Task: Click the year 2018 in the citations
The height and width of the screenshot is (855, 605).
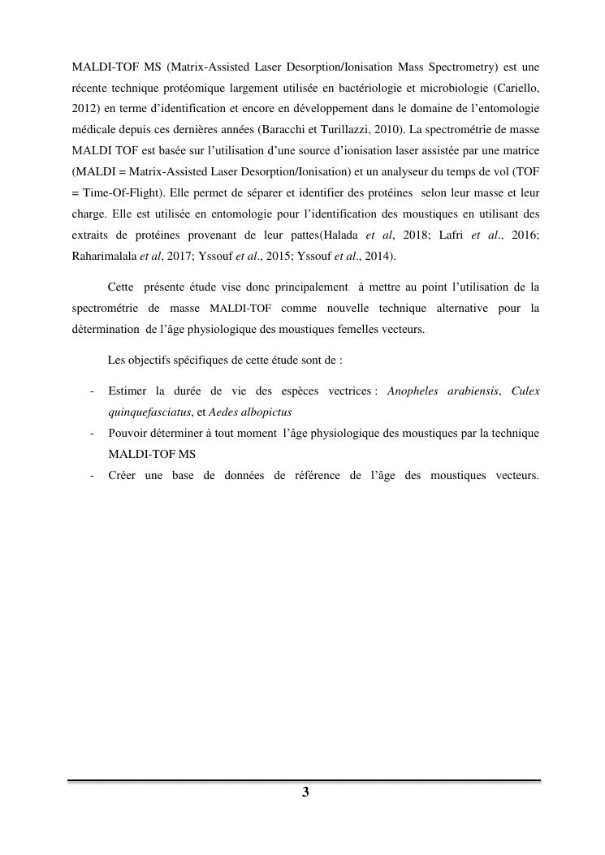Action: click(x=416, y=235)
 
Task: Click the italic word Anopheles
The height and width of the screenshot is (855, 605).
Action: click(x=413, y=391)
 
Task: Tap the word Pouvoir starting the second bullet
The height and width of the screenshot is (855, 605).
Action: click(x=129, y=433)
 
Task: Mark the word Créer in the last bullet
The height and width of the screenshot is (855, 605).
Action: click(x=122, y=475)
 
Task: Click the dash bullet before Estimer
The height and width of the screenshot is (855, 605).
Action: click(x=92, y=391)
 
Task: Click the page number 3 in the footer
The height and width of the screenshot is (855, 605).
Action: click(x=305, y=792)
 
